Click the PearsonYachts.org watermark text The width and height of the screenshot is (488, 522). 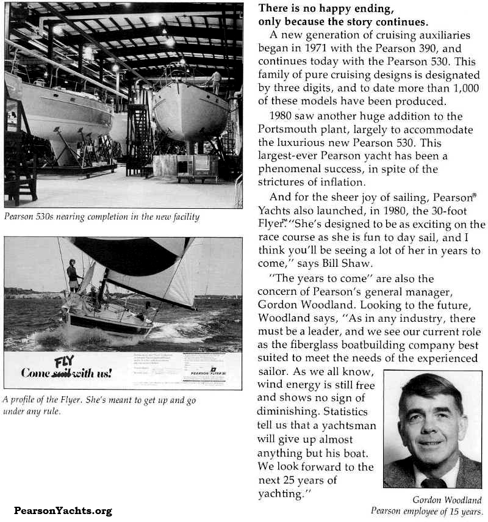click(x=63, y=511)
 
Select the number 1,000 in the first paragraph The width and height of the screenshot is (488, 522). click(x=468, y=87)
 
